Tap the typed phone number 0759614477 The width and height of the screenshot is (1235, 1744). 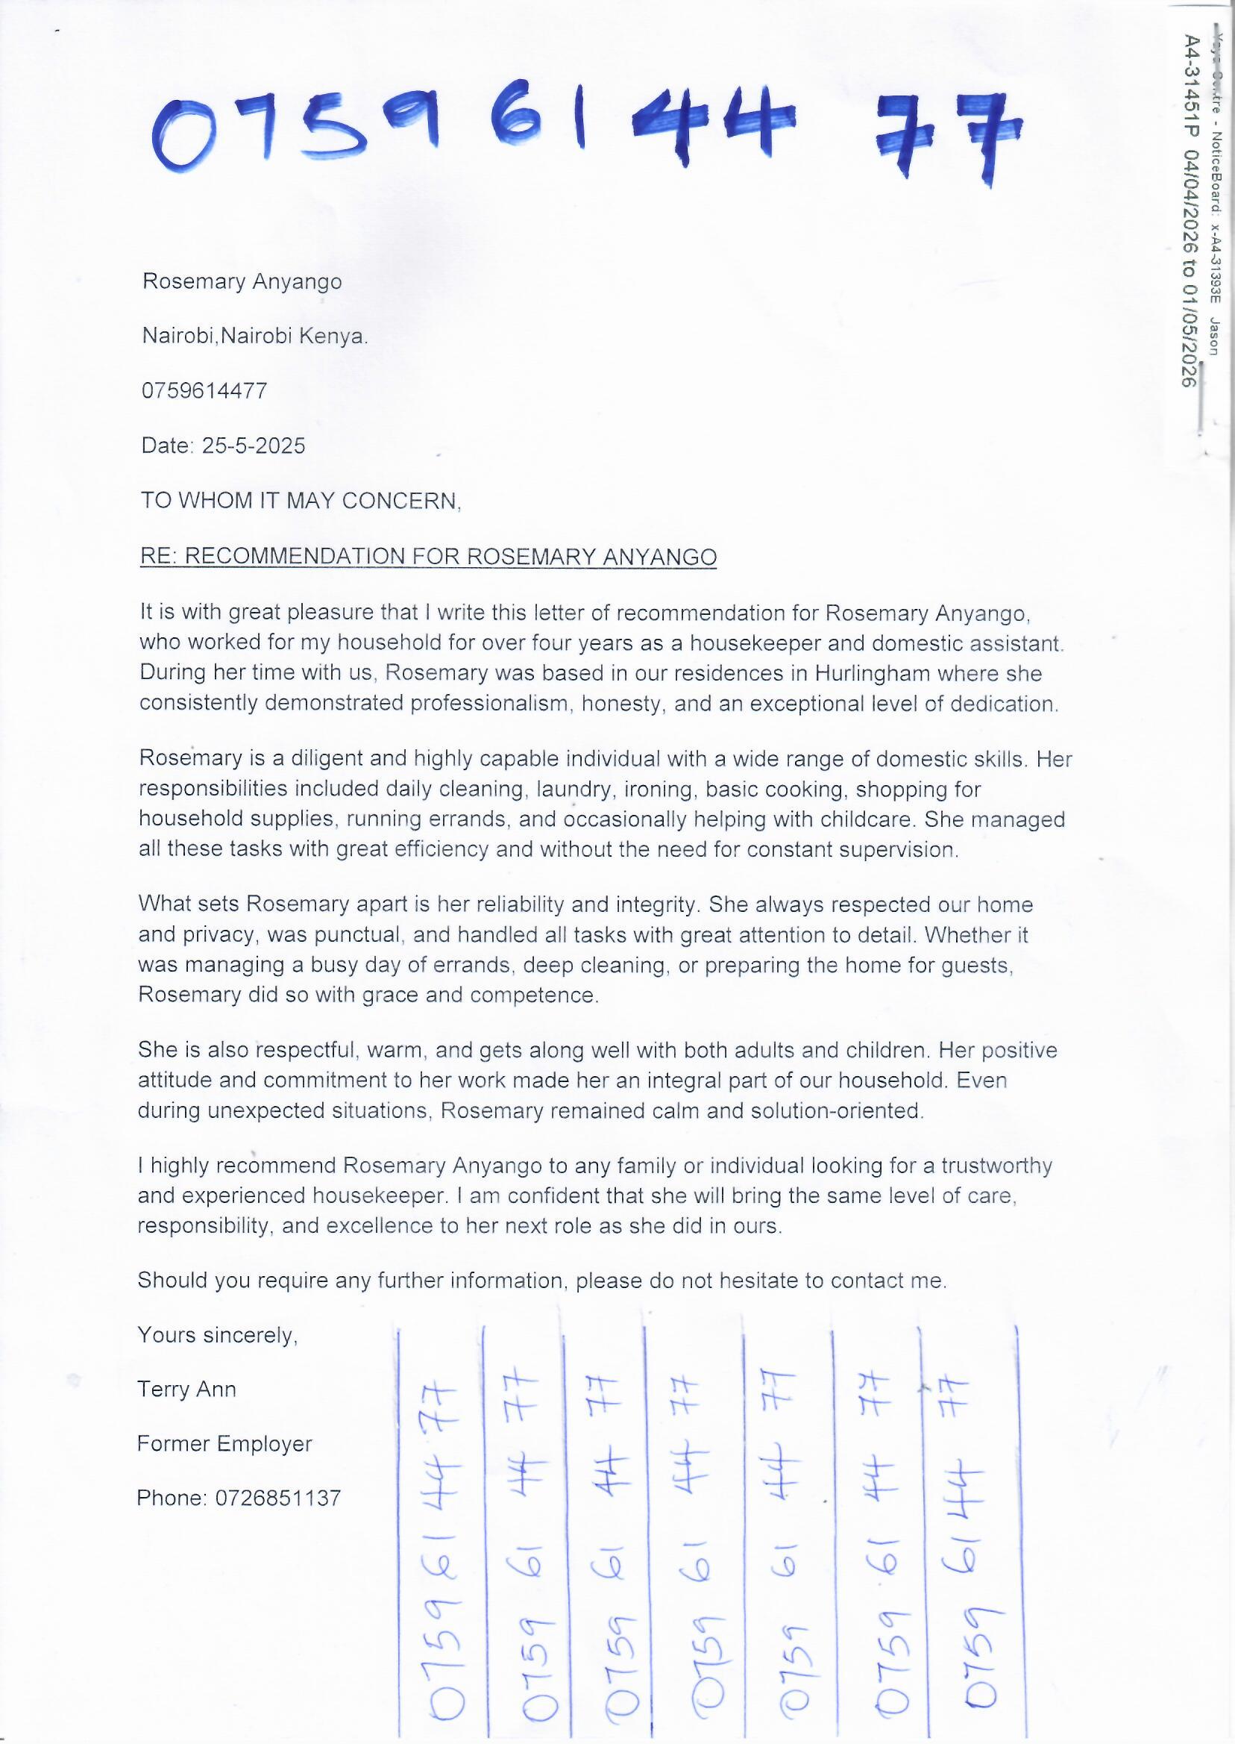point(204,391)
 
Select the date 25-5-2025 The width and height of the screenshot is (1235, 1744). point(254,446)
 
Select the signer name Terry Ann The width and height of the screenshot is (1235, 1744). point(186,1390)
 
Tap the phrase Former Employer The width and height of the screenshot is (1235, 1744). point(224,1443)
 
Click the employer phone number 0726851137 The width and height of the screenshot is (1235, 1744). point(277,1498)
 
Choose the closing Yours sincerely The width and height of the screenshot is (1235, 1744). point(217,1334)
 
